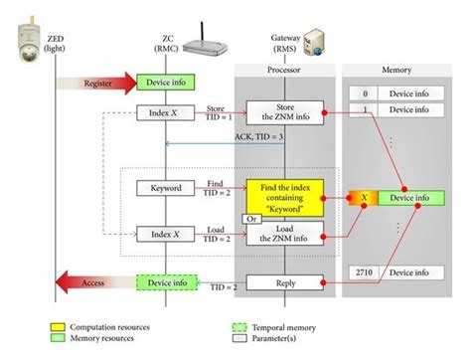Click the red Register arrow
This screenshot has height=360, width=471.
tap(99, 84)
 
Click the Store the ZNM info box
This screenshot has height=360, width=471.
tap(285, 112)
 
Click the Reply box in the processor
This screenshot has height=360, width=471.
tap(285, 283)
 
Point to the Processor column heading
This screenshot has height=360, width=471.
tap(285, 72)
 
